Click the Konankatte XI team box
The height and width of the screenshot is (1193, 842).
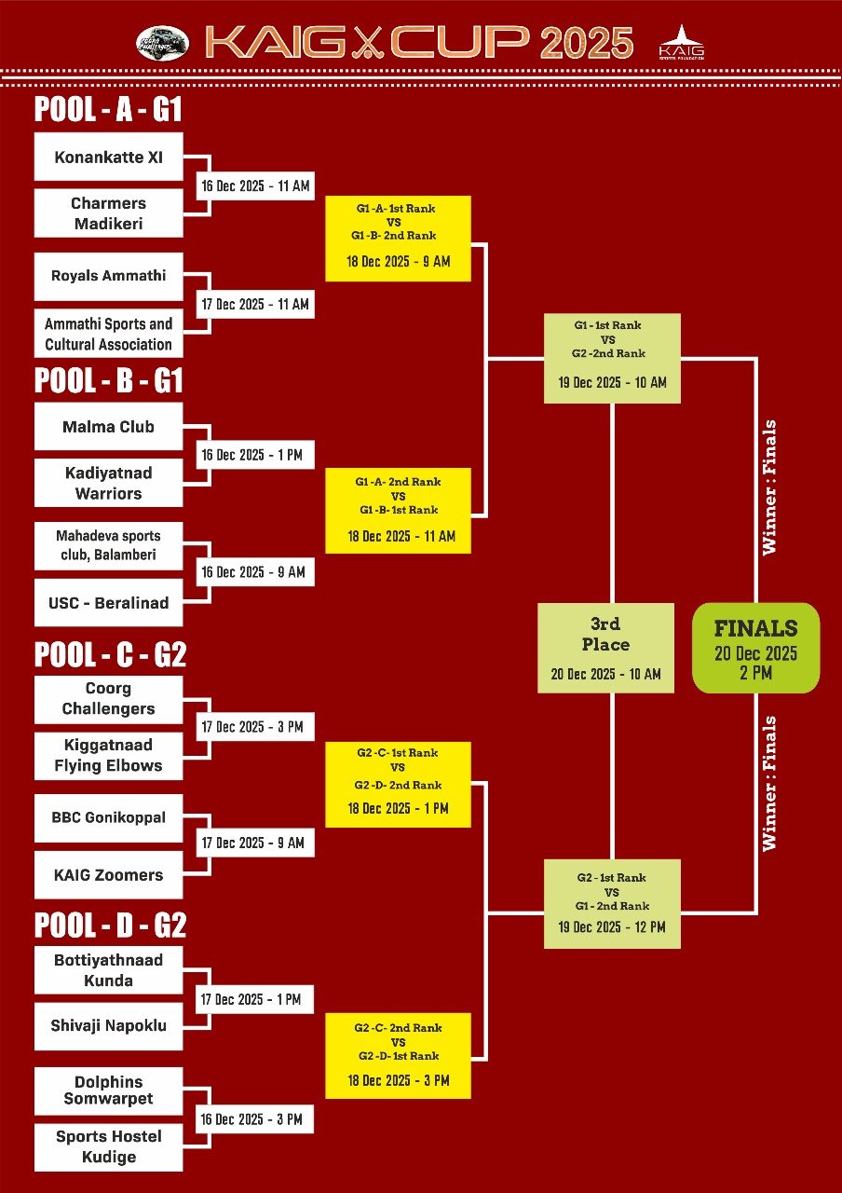pos(108,157)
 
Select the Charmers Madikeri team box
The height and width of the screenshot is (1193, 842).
pos(108,213)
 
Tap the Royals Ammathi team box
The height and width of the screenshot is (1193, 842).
pos(108,276)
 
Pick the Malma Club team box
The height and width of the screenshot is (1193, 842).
pos(108,427)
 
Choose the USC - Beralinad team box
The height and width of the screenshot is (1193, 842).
pos(108,603)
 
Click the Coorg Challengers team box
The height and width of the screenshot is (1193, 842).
pos(108,699)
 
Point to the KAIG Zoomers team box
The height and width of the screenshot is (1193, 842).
pos(108,875)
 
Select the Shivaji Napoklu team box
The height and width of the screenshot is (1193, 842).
pos(108,1025)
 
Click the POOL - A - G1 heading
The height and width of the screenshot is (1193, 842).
pos(108,109)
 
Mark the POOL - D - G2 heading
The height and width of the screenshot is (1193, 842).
pos(110,926)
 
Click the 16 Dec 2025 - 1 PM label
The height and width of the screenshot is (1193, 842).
pos(255,455)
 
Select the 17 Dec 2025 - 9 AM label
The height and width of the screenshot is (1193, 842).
pos(255,843)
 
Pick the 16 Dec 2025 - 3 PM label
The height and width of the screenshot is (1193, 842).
pos(255,1118)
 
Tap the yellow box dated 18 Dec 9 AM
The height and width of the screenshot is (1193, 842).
pos(398,239)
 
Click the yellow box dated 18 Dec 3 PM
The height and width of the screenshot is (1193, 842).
pos(398,1056)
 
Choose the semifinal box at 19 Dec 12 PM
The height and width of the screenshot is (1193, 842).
pos(612,904)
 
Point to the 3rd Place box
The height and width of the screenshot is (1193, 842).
pos(605,648)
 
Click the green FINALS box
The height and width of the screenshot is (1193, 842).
pos(755,648)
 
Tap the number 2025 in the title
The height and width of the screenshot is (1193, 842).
pos(587,43)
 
